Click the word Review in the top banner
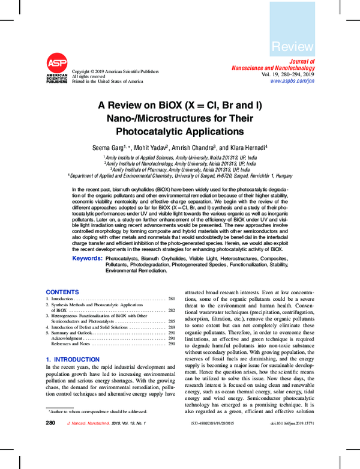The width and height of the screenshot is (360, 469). (x=292, y=46)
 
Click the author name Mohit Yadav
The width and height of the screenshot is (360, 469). (x=152, y=148)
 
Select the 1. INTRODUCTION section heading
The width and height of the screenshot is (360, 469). (x=73, y=359)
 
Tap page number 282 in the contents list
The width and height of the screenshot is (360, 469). (x=171, y=310)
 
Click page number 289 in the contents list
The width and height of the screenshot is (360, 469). (x=171, y=327)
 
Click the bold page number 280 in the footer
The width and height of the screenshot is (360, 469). (x=50, y=423)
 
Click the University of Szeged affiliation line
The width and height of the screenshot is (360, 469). (x=180, y=176)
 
